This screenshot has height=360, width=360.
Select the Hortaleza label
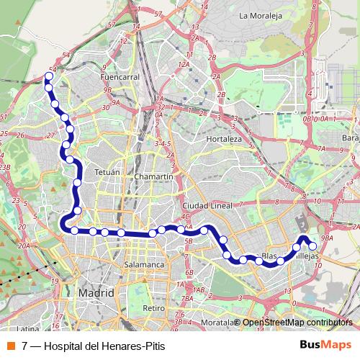click(222, 138)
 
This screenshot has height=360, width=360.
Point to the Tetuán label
click(106, 173)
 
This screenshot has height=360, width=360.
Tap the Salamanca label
click(145, 264)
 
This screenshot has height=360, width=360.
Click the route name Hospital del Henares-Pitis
click(104, 346)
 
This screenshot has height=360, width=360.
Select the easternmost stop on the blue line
click(312, 246)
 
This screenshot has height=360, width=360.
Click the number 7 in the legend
click(25, 346)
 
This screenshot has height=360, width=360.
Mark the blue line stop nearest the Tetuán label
click(77, 183)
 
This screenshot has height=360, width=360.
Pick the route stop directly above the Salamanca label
click(152, 234)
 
